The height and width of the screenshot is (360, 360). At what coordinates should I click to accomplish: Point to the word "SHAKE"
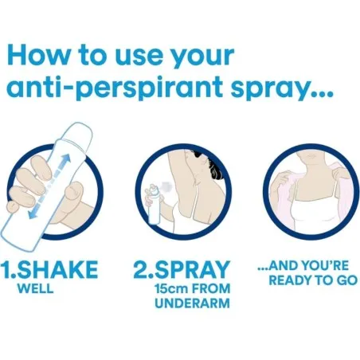[58, 269]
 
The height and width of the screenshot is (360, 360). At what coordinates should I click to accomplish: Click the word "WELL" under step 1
[36, 288]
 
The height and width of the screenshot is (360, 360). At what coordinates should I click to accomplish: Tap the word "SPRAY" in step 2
[193, 269]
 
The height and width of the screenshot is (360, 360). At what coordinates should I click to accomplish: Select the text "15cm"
[171, 288]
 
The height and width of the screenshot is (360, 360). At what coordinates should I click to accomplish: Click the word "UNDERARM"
[193, 303]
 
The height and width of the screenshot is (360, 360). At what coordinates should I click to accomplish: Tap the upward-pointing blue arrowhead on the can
[66, 159]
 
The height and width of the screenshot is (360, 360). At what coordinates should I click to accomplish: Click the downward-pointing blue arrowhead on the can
[33, 213]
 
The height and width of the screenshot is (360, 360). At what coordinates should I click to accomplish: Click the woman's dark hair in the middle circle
[209, 170]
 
